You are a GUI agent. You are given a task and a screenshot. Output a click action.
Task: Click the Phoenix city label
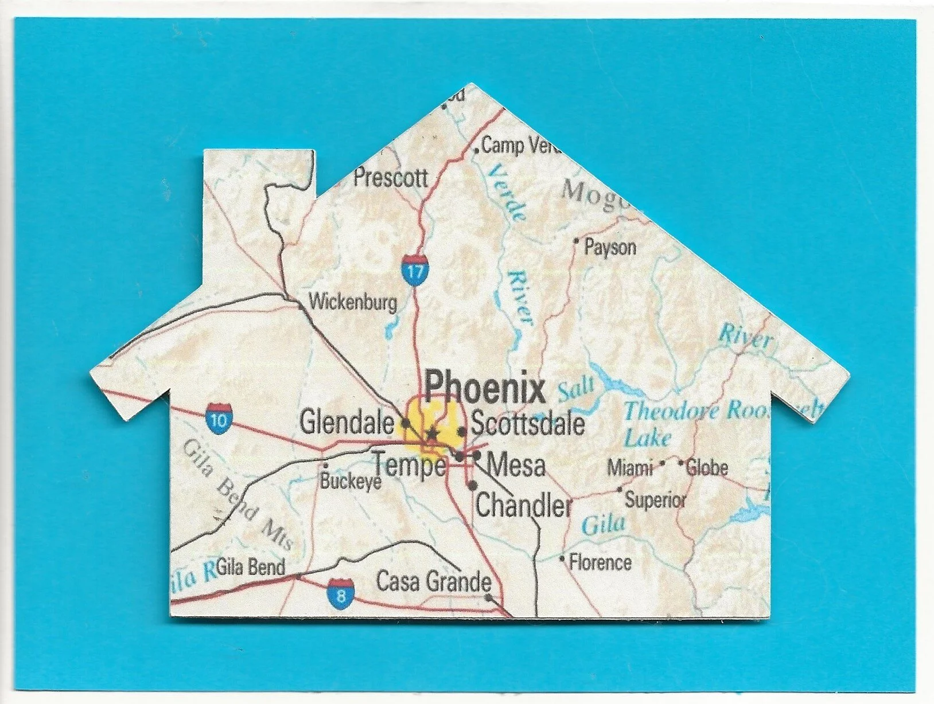[485, 388]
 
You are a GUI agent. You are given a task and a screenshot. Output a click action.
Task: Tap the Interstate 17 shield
[414, 269]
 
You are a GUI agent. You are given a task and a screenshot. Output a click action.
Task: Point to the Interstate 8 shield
[341, 594]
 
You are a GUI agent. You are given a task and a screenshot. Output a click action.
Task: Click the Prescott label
[390, 178]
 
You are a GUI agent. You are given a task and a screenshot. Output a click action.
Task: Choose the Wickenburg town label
[353, 302]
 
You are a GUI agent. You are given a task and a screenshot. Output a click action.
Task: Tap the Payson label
[610, 248]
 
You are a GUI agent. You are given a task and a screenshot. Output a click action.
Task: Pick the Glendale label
[347, 423]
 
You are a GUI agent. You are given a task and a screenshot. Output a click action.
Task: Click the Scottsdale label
[528, 424]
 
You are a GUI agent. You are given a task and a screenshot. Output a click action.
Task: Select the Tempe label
[410, 464]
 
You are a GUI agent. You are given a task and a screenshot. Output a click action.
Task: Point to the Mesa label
[515, 464]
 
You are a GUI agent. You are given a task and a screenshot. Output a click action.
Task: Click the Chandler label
[523, 506]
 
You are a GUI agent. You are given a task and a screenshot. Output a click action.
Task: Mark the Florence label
[600, 562]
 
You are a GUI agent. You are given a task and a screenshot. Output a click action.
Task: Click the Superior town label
[655, 500]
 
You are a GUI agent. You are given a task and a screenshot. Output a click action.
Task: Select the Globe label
[707, 468]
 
